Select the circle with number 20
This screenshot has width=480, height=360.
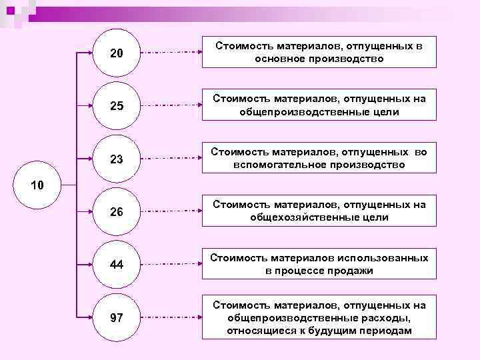[x=116, y=52]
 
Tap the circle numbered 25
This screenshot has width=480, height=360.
[x=116, y=105]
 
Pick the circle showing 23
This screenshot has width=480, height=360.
[x=116, y=159]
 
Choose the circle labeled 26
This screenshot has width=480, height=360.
[x=116, y=212]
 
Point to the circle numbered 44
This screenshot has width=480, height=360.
[x=116, y=265]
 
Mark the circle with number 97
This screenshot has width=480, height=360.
[x=116, y=317]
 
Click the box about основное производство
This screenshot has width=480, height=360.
[x=319, y=52]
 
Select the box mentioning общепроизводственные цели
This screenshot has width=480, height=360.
[x=319, y=105]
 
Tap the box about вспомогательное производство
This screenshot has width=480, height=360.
[x=319, y=157]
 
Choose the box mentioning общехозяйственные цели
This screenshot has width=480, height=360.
[x=319, y=211]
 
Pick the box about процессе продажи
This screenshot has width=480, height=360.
[x=319, y=264]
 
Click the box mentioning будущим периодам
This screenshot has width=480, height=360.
[x=319, y=317]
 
